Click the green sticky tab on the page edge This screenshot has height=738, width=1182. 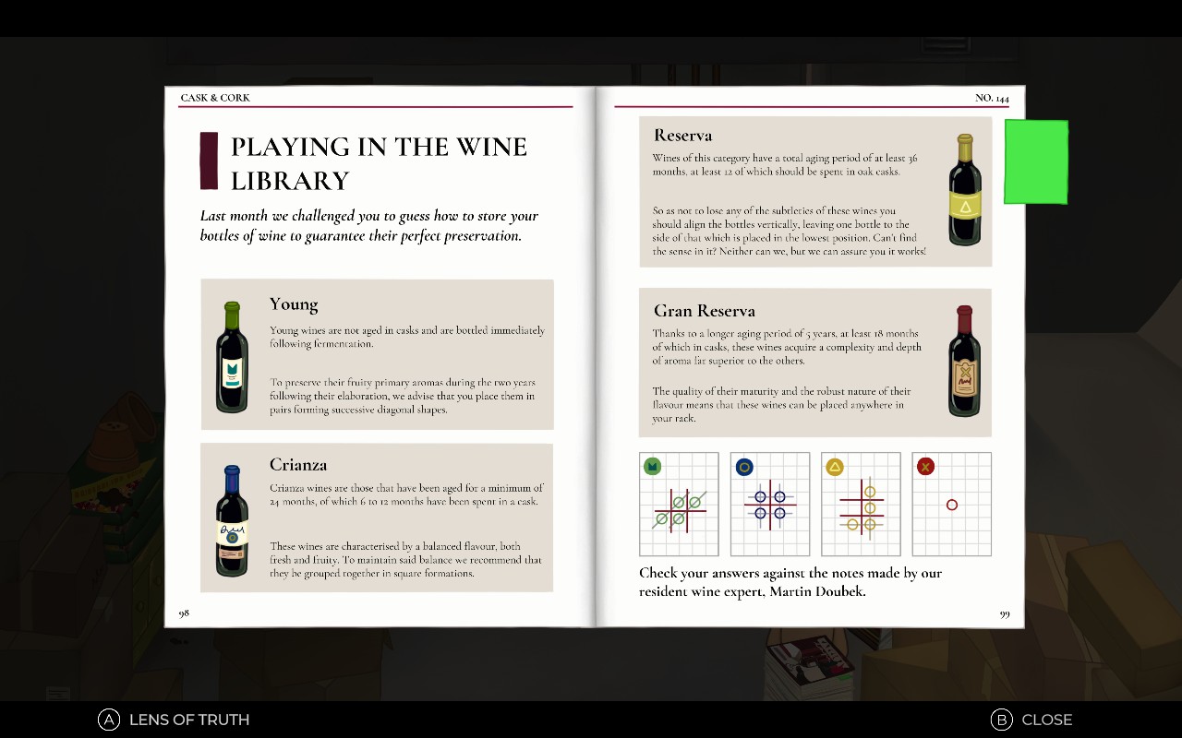tap(1036, 161)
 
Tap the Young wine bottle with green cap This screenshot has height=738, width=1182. tap(232, 357)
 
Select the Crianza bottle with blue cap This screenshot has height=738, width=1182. tap(232, 520)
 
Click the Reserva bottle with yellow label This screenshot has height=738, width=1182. tap(965, 190)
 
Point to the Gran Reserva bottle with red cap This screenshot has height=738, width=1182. tap(965, 361)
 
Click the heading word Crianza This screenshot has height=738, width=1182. tap(298, 464)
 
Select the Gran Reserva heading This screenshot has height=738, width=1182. tap(705, 311)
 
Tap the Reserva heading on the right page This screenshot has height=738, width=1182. tap(682, 136)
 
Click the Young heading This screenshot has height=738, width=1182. tap(294, 304)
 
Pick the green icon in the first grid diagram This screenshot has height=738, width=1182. tap(653, 466)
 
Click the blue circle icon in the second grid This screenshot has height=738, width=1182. tap(744, 467)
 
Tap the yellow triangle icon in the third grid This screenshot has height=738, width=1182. tap(835, 467)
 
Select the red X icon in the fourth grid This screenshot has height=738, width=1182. tap(925, 467)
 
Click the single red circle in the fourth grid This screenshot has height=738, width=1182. tap(952, 505)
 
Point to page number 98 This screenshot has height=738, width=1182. tap(184, 613)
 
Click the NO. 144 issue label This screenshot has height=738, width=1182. tap(992, 98)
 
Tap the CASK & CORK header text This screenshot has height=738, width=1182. tap(215, 98)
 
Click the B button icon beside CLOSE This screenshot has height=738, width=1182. tap(1002, 720)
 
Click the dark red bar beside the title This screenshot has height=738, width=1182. tap(209, 161)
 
